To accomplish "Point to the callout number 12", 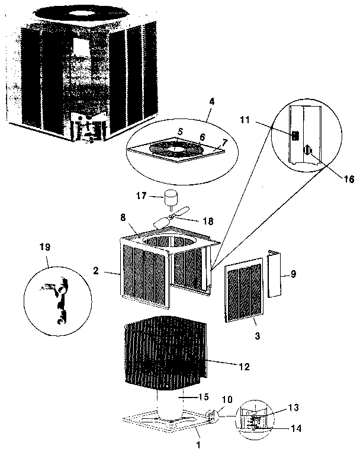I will pyautogui.click(x=244, y=367).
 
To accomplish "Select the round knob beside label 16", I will pyautogui.click(x=307, y=151).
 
